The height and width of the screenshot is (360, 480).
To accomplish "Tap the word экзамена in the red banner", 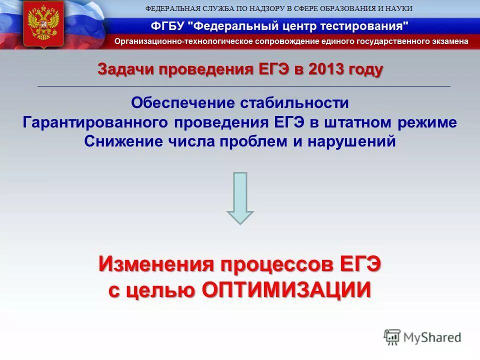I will [x=451, y=41].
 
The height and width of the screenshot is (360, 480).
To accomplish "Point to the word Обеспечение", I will [x=183, y=103].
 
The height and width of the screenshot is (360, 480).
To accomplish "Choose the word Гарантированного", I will [x=96, y=122].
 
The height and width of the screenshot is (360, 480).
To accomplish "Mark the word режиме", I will [x=432, y=122].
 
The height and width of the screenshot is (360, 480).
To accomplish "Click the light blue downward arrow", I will [x=240, y=198].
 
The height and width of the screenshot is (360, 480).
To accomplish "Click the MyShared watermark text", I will [x=432, y=337].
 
